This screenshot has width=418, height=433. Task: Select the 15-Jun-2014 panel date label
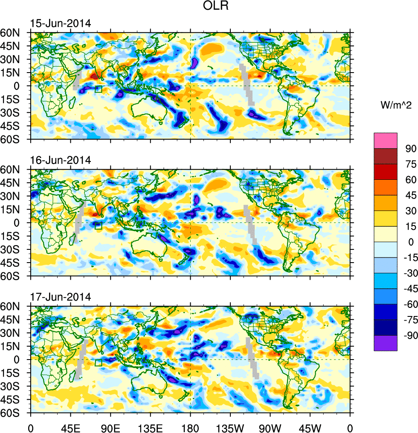point(60,23)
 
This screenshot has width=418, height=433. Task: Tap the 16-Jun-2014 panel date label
point(60,161)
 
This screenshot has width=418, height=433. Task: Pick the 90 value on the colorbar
point(411,148)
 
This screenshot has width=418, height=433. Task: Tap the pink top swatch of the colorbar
point(386,140)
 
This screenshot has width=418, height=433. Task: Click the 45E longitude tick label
point(70,427)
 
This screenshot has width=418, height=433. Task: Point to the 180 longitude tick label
point(190,427)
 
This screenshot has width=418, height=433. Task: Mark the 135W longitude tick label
point(230,427)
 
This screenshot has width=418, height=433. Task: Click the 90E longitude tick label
point(110,427)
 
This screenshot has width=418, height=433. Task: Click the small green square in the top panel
point(99,89)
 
